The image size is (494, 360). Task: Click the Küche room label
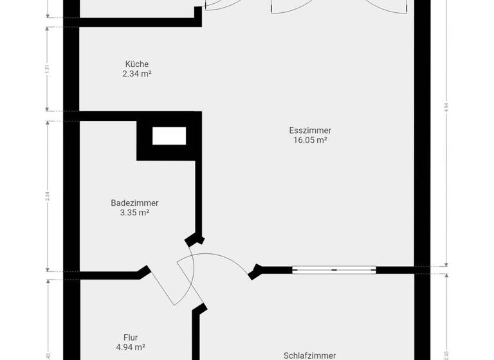coord(137,64)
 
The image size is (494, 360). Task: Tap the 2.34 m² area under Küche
coord(137,74)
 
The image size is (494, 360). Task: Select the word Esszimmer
coord(310,130)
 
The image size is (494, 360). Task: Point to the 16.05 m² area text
coord(310,140)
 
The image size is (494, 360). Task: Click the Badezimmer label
coord(134,203)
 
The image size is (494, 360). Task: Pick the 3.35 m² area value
coord(134,213)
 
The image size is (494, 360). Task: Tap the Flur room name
coord(131,337)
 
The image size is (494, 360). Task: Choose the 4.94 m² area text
coord(131,347)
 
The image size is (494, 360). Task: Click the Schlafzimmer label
coord(310,355)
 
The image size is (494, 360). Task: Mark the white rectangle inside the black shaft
coord(169,136)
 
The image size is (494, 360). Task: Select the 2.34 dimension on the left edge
coord(47,197)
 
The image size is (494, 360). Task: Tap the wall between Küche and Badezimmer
coord(135,116)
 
